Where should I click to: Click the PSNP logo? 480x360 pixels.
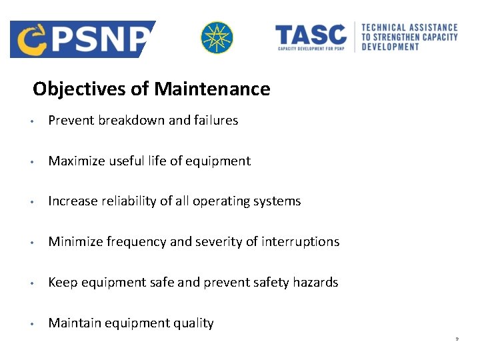pyautogui.click(x=82, y=39)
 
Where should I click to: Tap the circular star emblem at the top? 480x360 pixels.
pyautogui.click(x=217, y=37)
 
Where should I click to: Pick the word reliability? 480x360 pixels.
pyautogui.click(x=126, y=201)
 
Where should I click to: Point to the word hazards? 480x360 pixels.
pyautogui.click(x=315, y=283)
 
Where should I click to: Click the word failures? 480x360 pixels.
pyautogui.click(x=216, y=121)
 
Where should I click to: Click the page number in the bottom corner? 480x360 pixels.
pyautogui.click(x=457, y=339)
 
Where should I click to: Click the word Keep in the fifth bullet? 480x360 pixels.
pyautogui.click(x=63, y=283)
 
